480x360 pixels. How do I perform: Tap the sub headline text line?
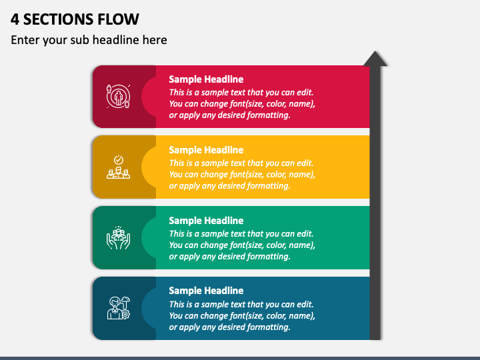pyautogui.click(x=89, y=40)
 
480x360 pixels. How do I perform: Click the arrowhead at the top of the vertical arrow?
pyautogui.click(x=375, y=59)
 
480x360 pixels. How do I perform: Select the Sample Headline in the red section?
pyautogui.click(x=206, y=79)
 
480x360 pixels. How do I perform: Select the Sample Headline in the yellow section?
pyautogui.click(x=206, y=150)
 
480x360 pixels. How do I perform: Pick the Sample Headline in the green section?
pyautogui.click(x=206, y=221)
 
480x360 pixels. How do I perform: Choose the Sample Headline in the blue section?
pyautogui.click(x=206, y=291)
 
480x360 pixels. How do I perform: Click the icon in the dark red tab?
pyautogui.click(x=119, y=97)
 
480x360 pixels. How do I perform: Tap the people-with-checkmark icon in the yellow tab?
pyautogui.click(x=118, y=167)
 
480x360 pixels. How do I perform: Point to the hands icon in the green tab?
pyautogui.click(x=119, y=237)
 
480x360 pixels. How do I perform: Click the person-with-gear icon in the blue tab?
pyautogui.click(x=119, y=308)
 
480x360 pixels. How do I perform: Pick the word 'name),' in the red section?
pyautogui.click(x=303, y=104)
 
